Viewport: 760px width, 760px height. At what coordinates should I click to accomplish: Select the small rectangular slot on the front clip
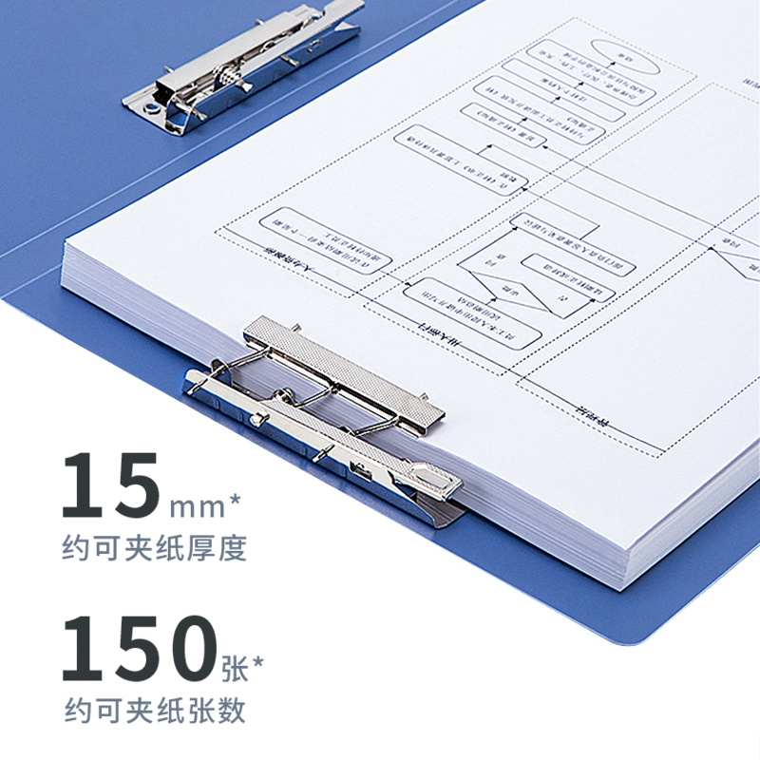point(361,469)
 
